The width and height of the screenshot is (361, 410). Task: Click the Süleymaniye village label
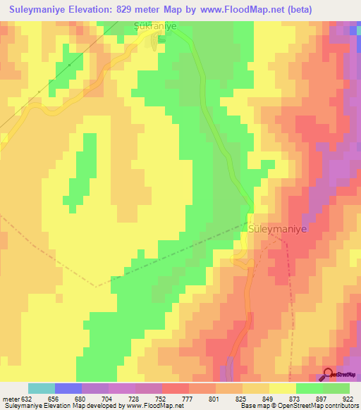pyautogui.click(x=279, y=229)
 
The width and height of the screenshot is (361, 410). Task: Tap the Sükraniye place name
pyautogui.click(x=154, y=26)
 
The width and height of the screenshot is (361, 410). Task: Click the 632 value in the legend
pyautogui.click(x=28, y=398)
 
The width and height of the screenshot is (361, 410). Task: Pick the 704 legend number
pyautogui.click(x=109, y=398)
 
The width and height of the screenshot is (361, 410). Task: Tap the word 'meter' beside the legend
pyautogui.click(x=11, y=398)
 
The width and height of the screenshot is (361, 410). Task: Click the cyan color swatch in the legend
pyautogui.click(x=42, y=388)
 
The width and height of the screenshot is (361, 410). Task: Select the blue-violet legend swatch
pyautogui.click(x=68, y=388)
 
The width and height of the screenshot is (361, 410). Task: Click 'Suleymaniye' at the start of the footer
pyautogui.click(x=23, y=406)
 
